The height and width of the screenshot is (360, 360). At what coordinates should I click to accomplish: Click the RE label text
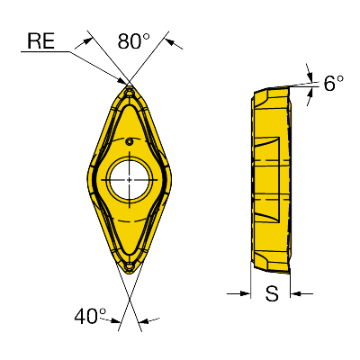(40, 40)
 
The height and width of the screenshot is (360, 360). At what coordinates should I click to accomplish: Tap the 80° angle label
(134, 40)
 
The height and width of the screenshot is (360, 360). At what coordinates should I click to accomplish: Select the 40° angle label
(90, 316)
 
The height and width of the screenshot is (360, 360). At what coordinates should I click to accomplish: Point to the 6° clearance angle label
(334, 83)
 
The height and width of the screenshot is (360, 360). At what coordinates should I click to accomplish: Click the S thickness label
(272, 293)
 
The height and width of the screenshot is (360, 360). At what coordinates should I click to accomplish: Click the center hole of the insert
(130, 180)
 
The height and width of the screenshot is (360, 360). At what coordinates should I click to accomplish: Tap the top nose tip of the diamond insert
(130, 85)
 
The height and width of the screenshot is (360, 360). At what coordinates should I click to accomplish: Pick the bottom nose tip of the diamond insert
(130, 274)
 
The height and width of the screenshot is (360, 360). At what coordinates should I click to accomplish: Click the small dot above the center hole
(130, 141)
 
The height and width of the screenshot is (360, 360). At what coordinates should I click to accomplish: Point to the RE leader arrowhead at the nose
(121, 80)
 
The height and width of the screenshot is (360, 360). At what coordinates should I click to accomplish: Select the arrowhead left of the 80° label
(86, 41)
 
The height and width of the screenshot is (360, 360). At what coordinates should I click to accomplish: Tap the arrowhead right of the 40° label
(145, 321)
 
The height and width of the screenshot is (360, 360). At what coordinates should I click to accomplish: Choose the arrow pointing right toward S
(245, 293)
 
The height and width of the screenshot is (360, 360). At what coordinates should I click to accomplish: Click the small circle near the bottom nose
(130, 265)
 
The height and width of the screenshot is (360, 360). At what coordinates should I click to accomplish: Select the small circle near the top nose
(130, 94)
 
